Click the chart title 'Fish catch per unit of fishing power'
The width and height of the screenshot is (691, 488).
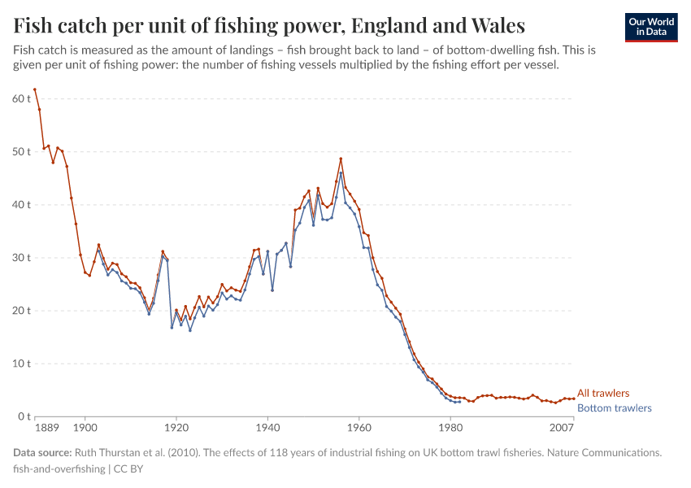point(268,24)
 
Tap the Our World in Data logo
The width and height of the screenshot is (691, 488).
point(650,27)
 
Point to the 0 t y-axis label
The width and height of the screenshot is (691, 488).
point(24,416)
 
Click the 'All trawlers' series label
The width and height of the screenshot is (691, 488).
point(602,394)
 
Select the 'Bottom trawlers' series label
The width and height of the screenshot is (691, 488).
point(614,408)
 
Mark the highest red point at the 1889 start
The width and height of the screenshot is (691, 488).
point(35,89)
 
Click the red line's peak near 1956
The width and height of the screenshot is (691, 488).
point(341,159)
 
